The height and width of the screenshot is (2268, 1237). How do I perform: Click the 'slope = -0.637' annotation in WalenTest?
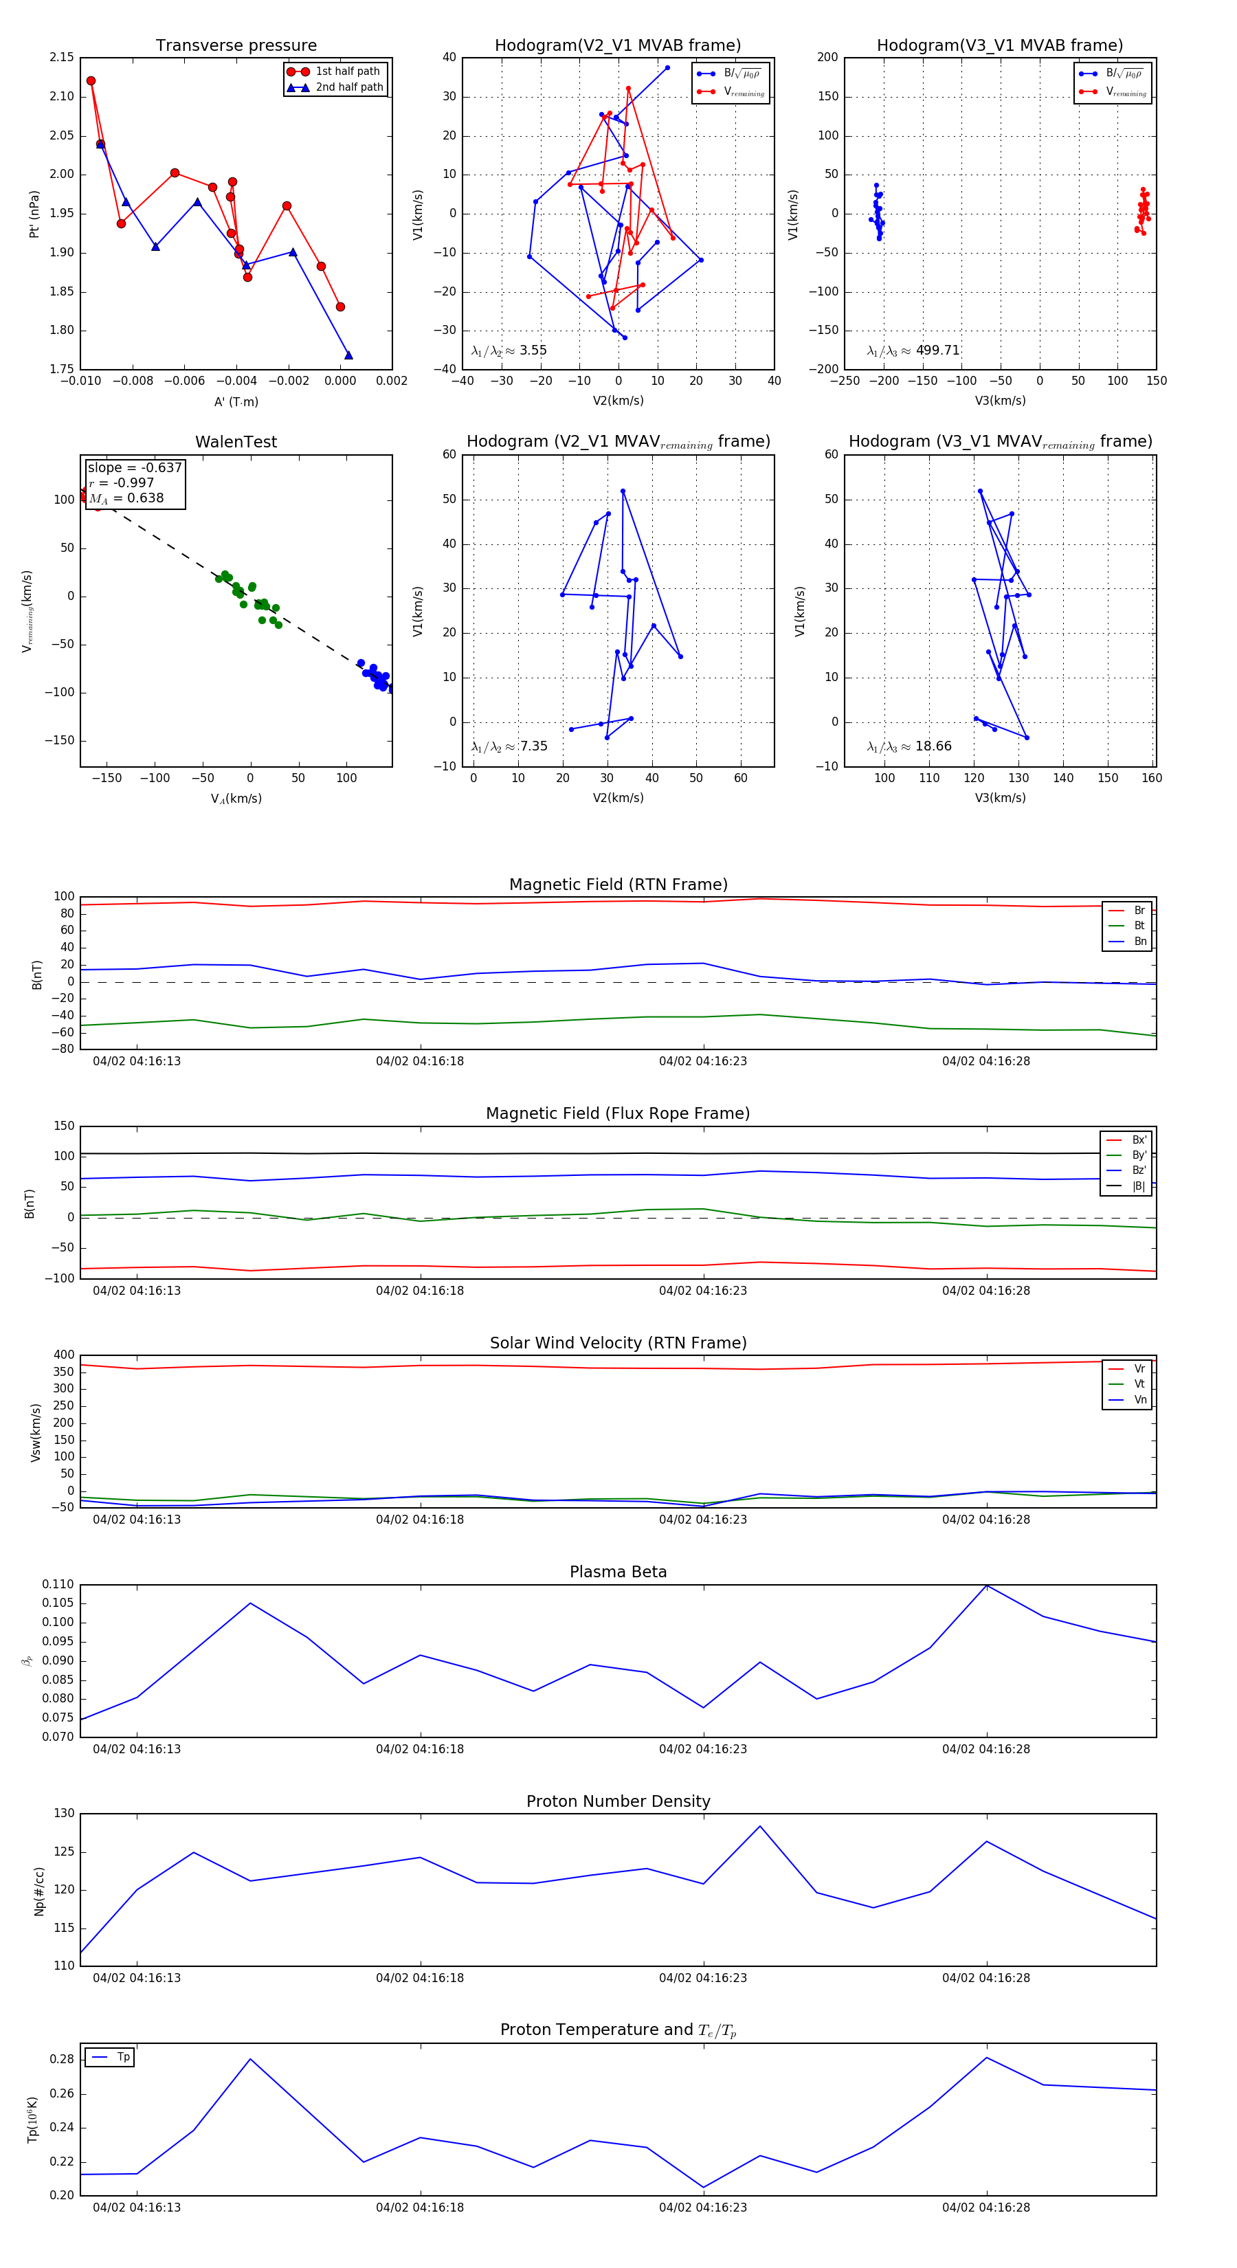coord(134,467)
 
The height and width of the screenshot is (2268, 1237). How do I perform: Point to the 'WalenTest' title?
coord(236,442)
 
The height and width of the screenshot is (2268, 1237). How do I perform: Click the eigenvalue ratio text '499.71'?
coord(937,351)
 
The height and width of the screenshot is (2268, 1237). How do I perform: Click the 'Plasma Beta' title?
coord(618,1572)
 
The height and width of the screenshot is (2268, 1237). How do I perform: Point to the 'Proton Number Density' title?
coord(618,1801)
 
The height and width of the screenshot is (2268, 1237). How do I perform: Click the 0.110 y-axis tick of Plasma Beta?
coord(58,1584)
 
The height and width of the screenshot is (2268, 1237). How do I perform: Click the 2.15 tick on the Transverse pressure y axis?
coord(62,57)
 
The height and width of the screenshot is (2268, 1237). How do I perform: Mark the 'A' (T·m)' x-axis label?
coord(236,401)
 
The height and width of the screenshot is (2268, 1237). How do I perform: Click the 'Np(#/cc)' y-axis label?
coord(38,1890)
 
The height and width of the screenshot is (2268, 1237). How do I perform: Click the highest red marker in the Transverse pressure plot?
coord(91,81)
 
